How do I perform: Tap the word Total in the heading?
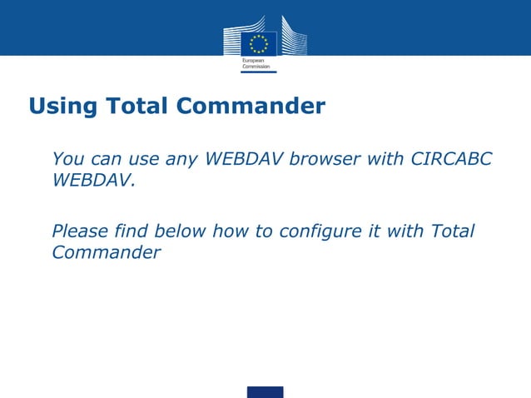coord(136,107)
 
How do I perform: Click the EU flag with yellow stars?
coord(259,44)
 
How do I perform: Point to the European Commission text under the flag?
coord(255,64)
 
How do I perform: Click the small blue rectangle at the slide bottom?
coord(265,391)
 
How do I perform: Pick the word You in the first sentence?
coord(67,158)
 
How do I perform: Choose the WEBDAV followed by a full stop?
coord(92,180)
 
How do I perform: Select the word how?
coord(231,231)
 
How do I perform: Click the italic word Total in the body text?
coord(452,231)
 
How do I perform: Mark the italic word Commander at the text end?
coord(106,252)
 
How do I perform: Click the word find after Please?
coord(132,231)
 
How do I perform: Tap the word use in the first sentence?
coord(142,158)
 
